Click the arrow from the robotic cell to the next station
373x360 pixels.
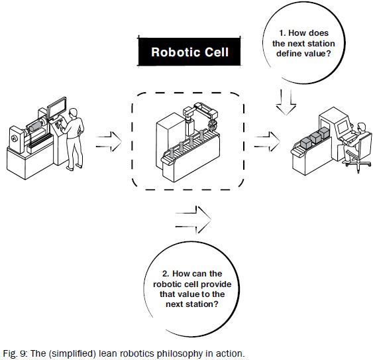coord(266,141)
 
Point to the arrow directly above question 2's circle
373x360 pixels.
coord(193,215)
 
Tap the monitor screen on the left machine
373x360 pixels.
coord(58,107)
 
